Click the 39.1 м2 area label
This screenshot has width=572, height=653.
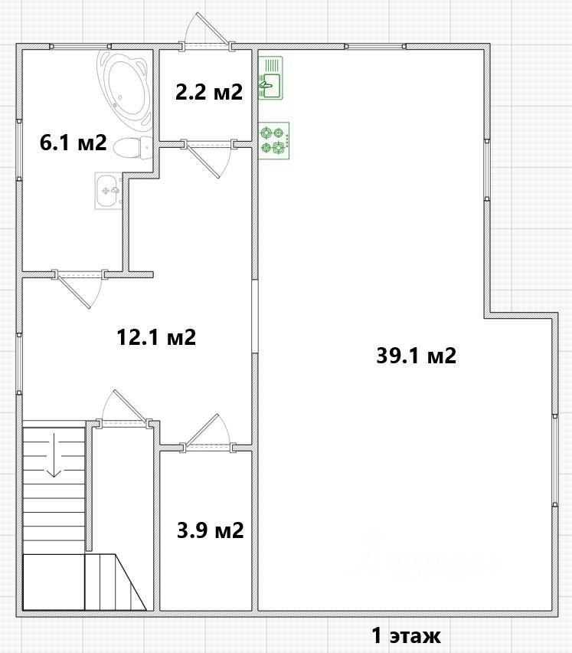click(x=416, y=356)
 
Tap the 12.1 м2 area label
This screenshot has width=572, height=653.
click(x=156, y=337)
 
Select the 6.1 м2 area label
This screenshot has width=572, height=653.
click(x=74, y=143)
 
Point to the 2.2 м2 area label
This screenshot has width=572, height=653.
click(x=209, y=92)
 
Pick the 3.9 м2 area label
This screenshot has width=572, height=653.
click(x=210, y=530)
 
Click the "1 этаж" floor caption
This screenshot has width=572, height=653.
click(x=406, y=635)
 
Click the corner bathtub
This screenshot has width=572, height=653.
click(x=125, y=87)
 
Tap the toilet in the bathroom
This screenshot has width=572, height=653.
click(x=133, y=147)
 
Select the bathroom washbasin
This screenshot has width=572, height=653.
click(x=109, y=190)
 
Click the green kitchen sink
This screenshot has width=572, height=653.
click(x=270, y=78)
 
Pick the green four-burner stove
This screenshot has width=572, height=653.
click(x=273, y=140)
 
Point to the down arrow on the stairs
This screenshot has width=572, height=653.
click(x=54, y=454)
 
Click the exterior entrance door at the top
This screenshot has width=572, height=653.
click(x=206, y=31)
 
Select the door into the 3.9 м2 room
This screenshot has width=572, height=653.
click(x=209, y=433)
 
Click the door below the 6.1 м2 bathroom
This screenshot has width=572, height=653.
click(x=79, y=290)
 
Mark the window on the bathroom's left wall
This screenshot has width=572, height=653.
click(x=19, y=150)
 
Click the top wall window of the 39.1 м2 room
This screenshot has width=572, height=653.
click(x=374, y=47)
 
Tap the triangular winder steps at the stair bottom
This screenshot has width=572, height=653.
click(x=116, y=582)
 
